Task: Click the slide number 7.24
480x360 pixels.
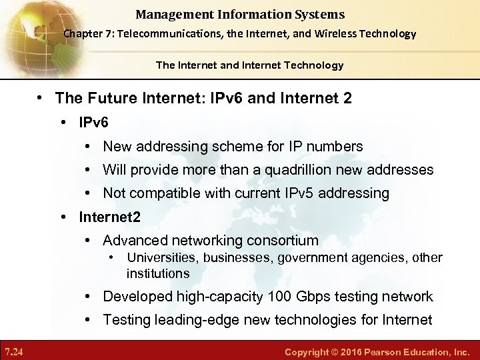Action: point(13,351)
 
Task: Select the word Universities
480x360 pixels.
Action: point(163,258)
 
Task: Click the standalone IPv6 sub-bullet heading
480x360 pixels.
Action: point(93,123)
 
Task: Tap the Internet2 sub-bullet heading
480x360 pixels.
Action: point(109,217)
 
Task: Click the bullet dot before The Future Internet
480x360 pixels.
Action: point(40,99)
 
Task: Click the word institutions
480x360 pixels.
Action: point(158,273)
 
